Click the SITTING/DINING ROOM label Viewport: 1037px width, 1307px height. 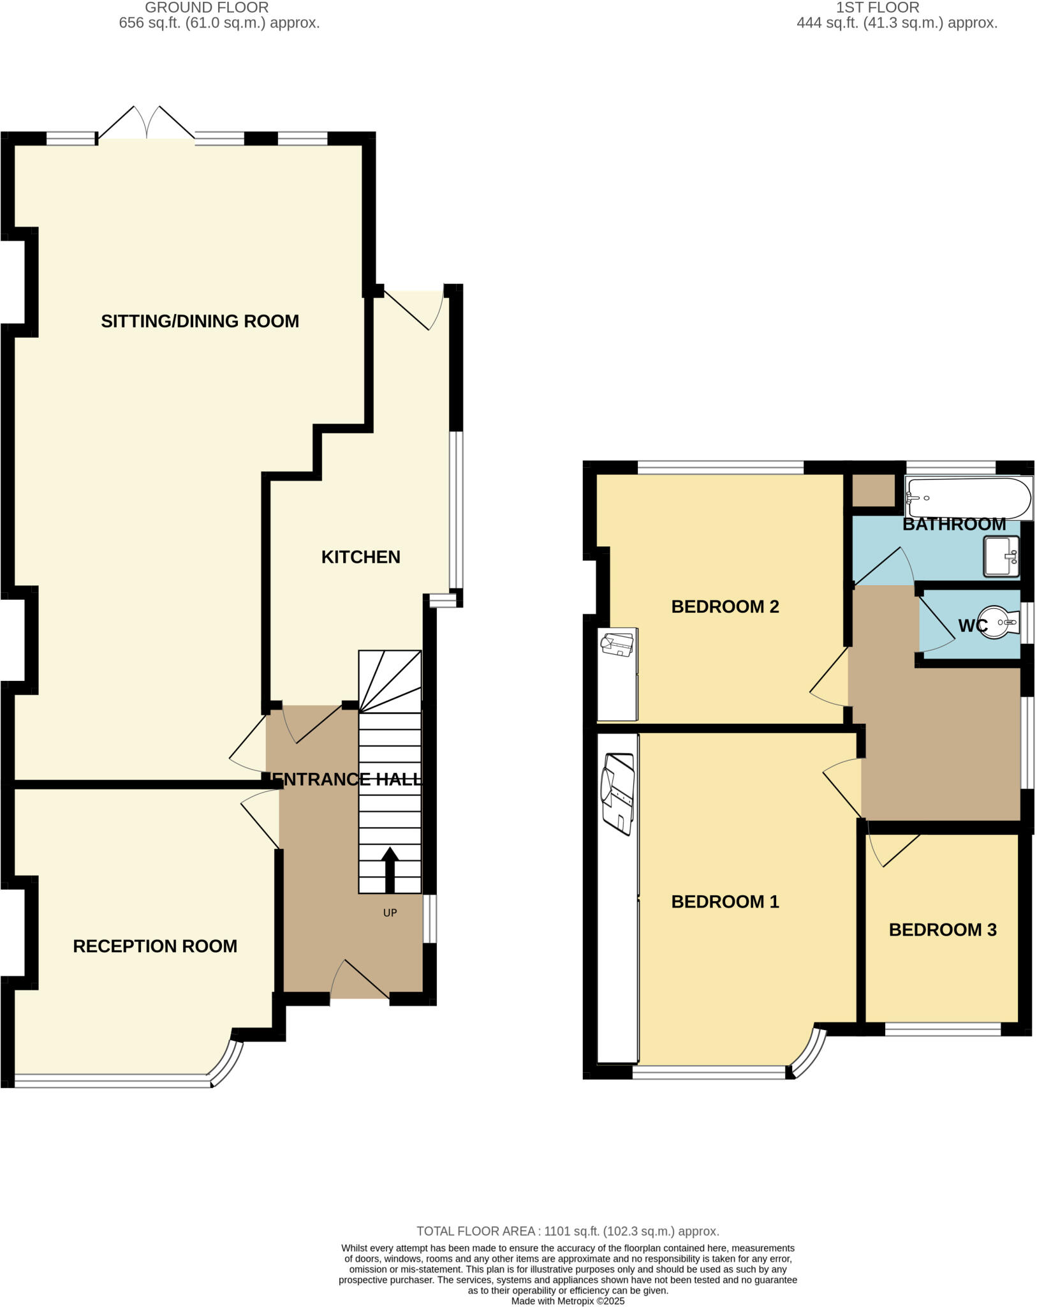point(200,321)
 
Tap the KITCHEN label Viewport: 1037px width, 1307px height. point(360,557)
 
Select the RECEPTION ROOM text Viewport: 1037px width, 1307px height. point(155,946)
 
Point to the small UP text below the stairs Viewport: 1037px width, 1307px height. point(390,913)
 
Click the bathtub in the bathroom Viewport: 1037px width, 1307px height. point(968,498)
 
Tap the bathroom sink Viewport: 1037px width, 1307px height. point(1001,556)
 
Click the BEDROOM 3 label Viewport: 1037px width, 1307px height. point(942,930)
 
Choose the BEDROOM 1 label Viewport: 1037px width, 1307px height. point(724,902)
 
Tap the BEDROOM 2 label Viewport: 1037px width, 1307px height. point(724,606)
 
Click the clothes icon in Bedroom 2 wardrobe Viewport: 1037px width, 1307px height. point(617,643)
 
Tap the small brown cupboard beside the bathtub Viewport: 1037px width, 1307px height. point(874,490)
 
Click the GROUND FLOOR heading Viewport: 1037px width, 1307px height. point(207,8)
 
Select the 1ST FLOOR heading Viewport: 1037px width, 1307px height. point(877,8)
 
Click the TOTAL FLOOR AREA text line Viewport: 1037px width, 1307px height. point(567,1231)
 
